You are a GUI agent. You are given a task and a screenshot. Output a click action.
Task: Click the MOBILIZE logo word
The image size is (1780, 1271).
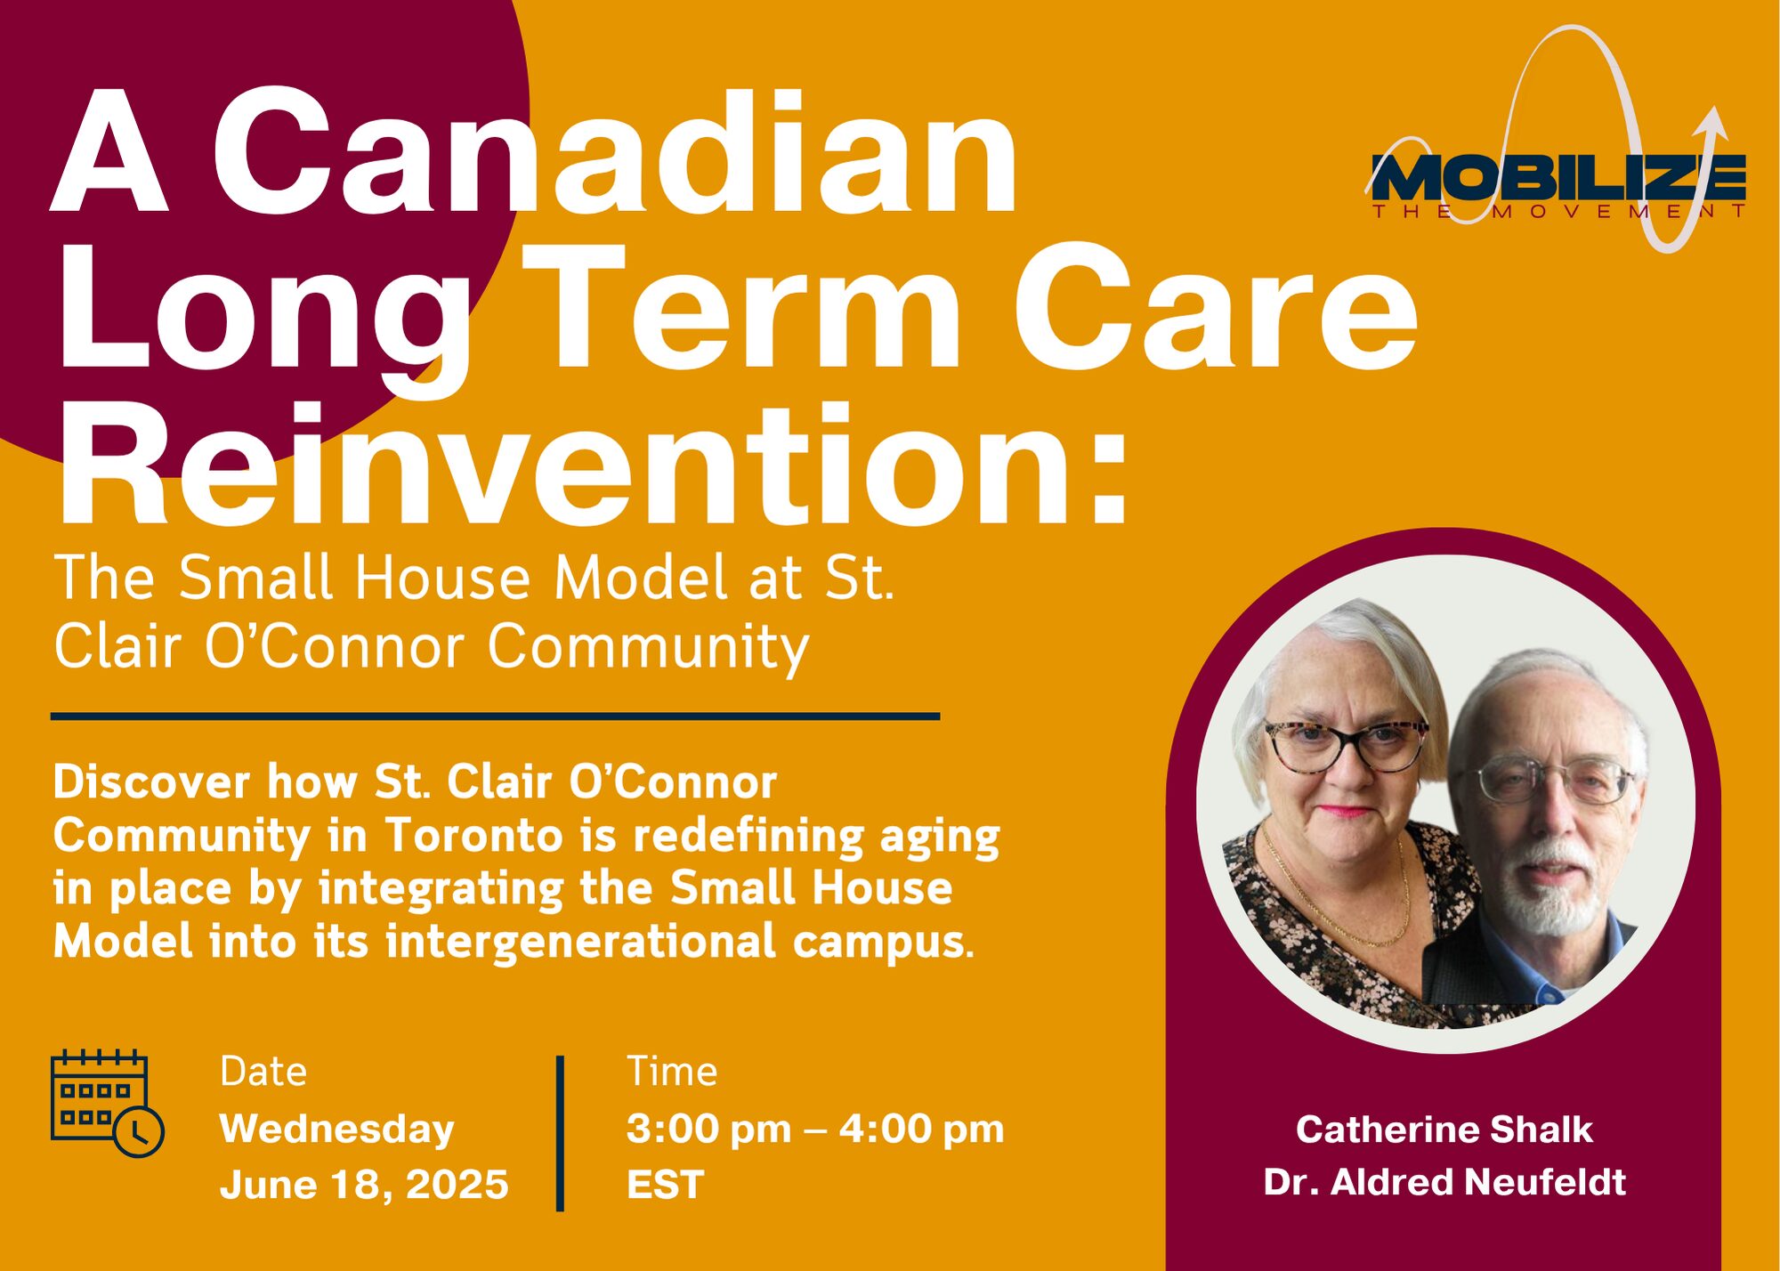[1557, 177]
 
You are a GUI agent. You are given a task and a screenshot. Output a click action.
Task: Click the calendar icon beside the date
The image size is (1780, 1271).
[107, 1104]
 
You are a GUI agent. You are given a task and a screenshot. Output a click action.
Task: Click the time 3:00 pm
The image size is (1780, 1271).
[708, 1129]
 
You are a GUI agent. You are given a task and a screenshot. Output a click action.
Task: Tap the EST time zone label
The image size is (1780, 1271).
[665, 1185]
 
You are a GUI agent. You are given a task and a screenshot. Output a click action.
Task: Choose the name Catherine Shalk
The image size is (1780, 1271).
[1444, 1129]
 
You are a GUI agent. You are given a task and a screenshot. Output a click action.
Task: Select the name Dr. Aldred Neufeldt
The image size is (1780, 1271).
[1444, 1182]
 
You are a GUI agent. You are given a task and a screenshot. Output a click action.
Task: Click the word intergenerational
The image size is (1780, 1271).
[580, 943]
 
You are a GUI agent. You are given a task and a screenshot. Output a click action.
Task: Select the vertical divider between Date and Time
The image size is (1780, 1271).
[560, 1133]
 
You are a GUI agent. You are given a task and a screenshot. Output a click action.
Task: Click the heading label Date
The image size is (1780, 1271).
[263, 1071]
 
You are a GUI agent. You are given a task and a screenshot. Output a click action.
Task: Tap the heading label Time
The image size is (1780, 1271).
[672, 1071]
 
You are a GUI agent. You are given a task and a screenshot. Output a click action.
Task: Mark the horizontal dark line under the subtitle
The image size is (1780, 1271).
[495, 716]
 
